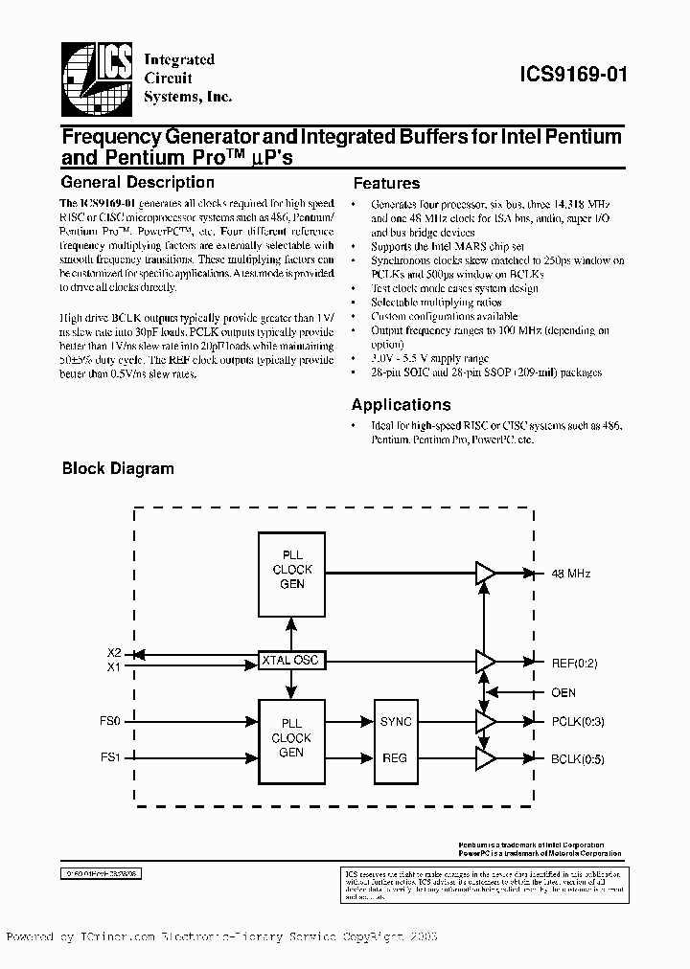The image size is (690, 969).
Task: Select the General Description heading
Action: click(137, 182)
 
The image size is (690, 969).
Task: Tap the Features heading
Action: click(386, 183)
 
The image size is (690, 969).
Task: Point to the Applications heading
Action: click(401, 405)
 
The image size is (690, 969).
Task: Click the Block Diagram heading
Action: click(118, 469)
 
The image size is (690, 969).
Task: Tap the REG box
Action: click(395, 757)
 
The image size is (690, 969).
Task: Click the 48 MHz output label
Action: click(571, 574)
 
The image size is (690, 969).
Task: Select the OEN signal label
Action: click(563, 692)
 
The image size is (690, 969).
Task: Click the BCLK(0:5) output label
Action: click(578, 759)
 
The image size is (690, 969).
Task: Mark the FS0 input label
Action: click(111, 721)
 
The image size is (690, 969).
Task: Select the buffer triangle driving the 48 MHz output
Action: click(486, 574)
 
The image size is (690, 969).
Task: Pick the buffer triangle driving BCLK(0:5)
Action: click(486, 759)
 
